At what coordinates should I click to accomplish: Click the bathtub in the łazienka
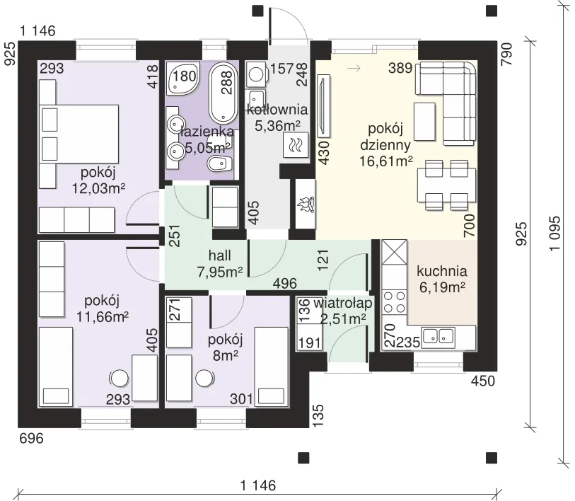pos(223,93)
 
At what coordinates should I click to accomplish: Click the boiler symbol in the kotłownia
pos(296,144)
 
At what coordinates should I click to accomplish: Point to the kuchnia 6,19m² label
pos(442,279)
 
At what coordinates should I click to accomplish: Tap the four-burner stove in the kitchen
pos(394,301)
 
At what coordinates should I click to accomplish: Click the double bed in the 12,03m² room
pos(79,134)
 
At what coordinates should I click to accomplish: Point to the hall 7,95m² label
pos(220,263)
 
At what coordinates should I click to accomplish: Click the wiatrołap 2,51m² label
pos(343,311)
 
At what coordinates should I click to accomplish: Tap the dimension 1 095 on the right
pos(554,233)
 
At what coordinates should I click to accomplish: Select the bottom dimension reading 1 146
pos(258,485)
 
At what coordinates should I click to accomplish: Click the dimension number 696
pos(31,438)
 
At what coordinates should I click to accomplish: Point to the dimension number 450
pos(483,381)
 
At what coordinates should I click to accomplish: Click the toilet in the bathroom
pos(220,163)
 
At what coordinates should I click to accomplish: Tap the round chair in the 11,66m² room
pos(120,379)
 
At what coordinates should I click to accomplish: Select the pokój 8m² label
pos(225,347)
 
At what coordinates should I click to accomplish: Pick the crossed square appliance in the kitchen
pos(394,252)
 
